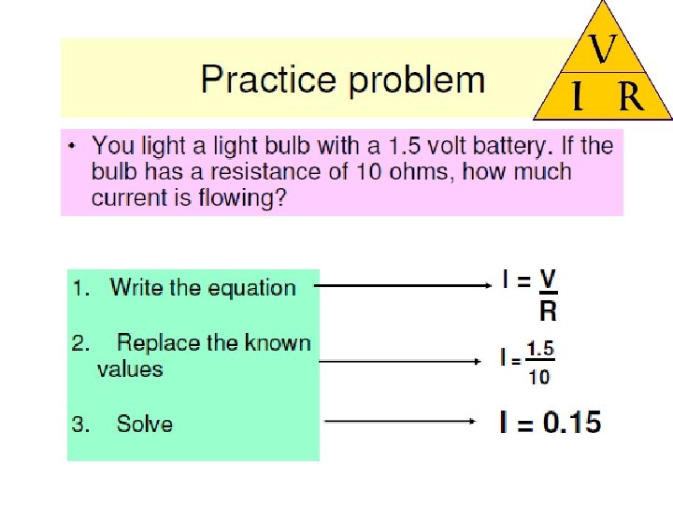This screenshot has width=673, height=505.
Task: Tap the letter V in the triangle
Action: click(603, 50)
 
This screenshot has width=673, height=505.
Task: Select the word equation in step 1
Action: click(251, 288)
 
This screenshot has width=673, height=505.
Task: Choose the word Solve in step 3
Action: click(145, 424)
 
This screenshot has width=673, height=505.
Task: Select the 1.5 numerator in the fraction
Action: click(540, 351)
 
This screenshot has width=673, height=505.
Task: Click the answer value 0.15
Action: click(572, 423)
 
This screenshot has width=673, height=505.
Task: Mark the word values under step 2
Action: click(130, 369)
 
